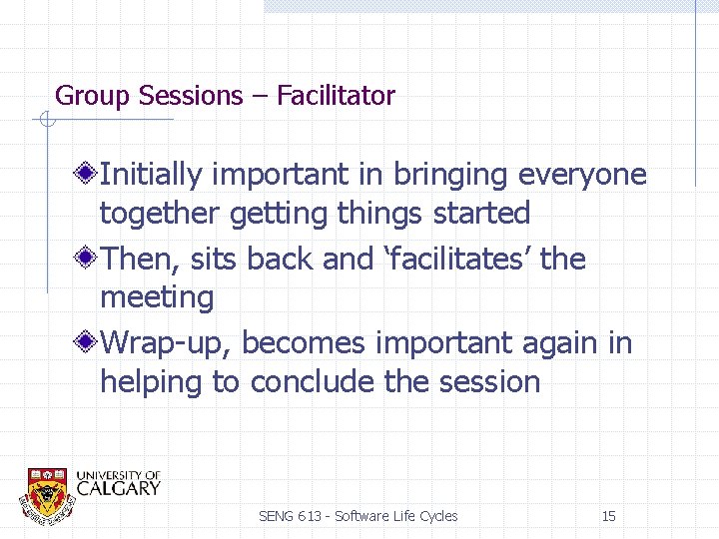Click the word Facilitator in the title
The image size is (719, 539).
[336, 96]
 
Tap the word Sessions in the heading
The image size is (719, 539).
[191, 96]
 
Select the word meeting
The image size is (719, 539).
[157, 297]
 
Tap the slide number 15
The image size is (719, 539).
[608, 516]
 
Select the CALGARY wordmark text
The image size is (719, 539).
[118, 488]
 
